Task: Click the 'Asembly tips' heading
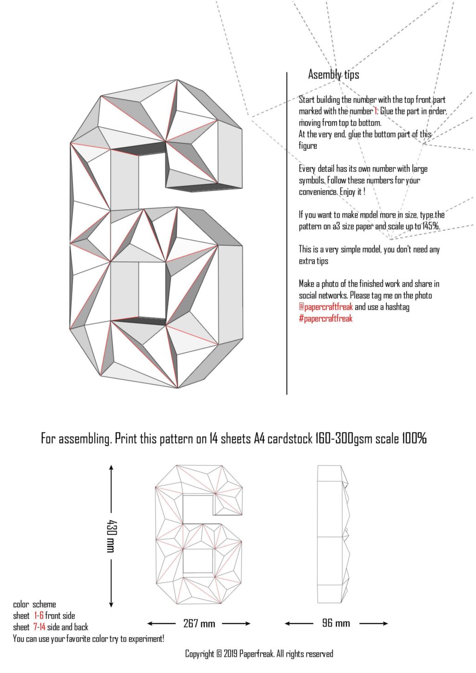coord(333,74)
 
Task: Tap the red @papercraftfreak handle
coord(325,307)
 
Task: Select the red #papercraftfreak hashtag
coord(325,318)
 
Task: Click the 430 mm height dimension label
coord(111,536)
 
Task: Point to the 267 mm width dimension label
coord(199,624)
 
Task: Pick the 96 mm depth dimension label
coord(336,623)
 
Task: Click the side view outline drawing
coord(332,534)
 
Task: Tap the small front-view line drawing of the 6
coord(199,534)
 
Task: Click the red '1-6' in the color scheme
coord(39,615)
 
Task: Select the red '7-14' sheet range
coord(39,627)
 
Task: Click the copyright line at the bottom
coord(259,654)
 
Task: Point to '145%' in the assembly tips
coord(430,226)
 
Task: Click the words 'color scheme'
coord(34,604)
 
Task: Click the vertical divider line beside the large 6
coord(287,232)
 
